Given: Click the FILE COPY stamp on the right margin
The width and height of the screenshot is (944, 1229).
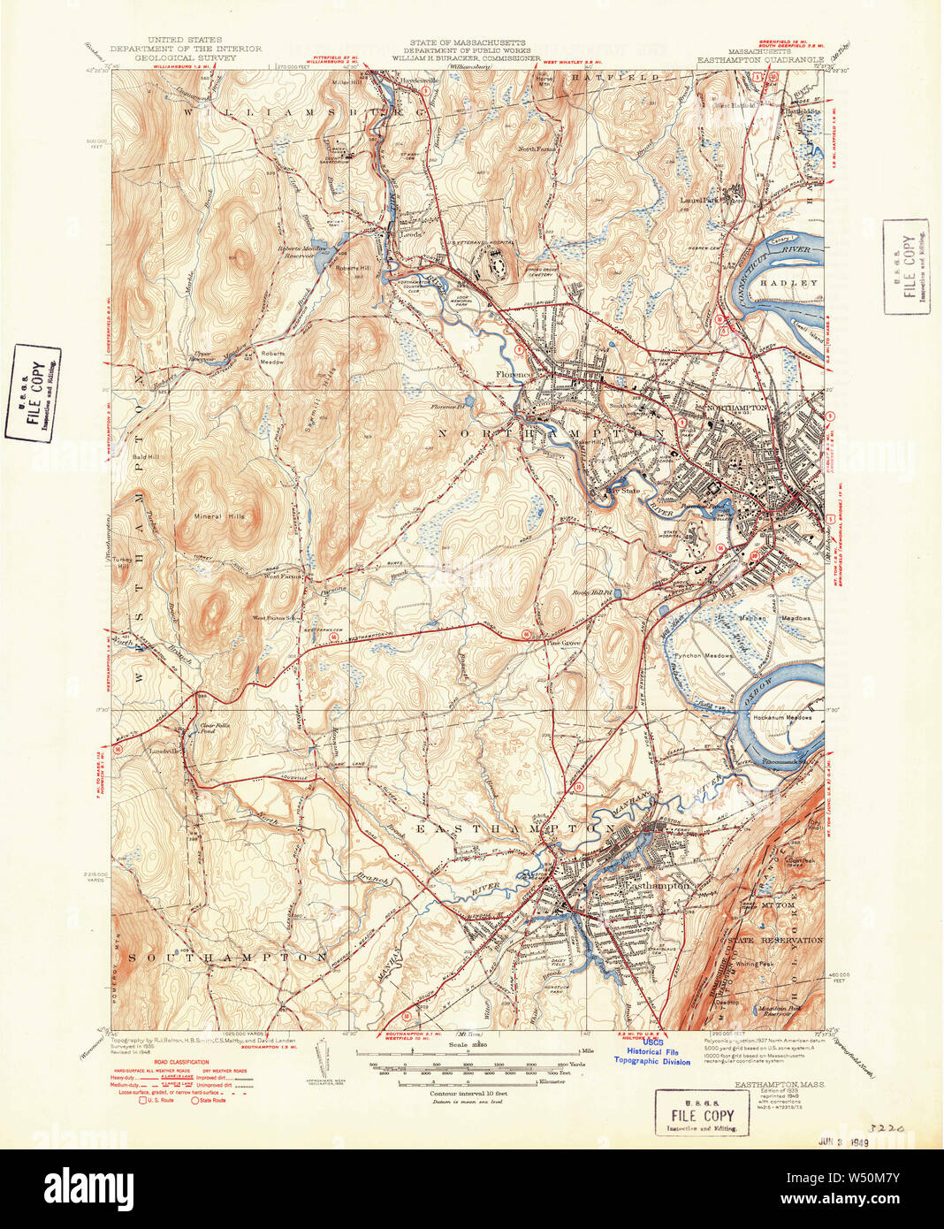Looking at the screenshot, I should point(906,266).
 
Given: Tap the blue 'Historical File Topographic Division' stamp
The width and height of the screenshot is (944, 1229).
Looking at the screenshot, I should point(653,1056).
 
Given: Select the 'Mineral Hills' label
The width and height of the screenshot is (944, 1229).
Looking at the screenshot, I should point(221,516).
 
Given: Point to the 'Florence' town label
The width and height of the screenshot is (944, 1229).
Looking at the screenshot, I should point(512,375).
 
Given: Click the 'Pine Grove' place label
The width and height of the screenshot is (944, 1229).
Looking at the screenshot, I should point(562,644).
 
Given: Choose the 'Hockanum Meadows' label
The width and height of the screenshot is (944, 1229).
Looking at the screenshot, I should point(781,718).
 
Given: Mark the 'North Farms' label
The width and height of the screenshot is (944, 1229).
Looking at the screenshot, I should point(537,149).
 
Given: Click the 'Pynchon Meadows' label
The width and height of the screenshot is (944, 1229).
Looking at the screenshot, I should point(703,656).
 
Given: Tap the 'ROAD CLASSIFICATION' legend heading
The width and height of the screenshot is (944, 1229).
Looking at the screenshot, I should point(181,1062).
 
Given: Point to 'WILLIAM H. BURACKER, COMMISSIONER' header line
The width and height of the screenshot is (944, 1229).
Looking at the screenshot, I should point(466,58).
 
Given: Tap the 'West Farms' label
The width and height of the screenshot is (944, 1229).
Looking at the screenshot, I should point(283,576).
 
